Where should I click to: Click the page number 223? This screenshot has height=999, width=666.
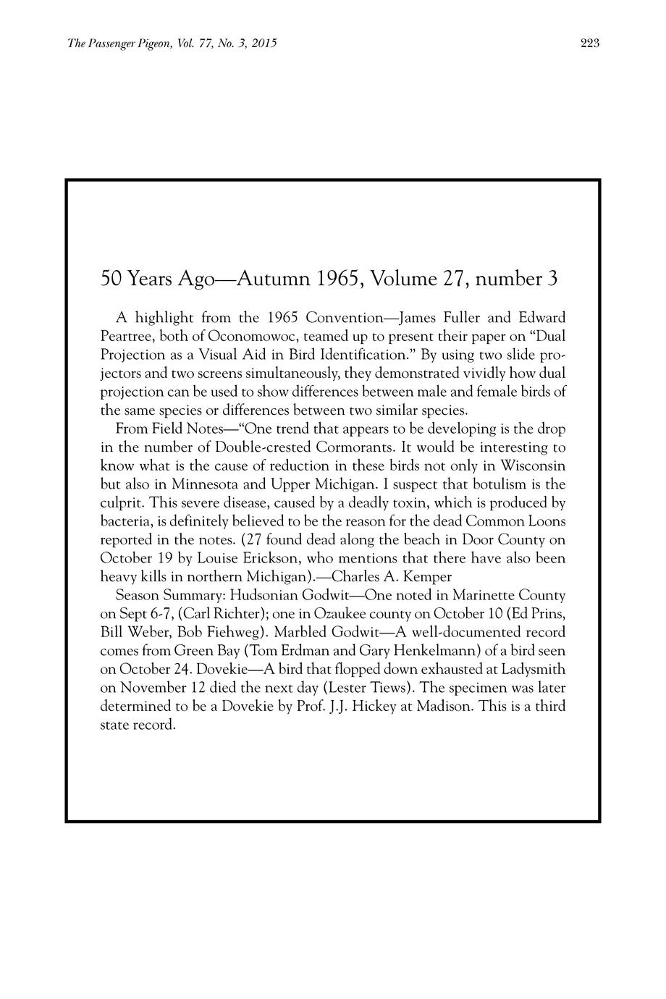coord(590,43)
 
